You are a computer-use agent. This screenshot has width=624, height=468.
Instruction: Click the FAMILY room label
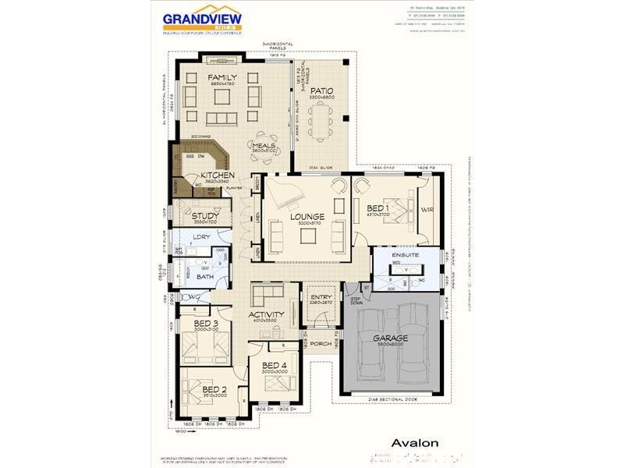coord(222,77)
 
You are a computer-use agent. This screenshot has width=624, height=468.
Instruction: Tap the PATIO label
coord(321,90)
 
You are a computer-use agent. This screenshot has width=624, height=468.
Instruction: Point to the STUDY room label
coord(205,216)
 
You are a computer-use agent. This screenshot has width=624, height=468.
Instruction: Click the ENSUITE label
coord(406,255)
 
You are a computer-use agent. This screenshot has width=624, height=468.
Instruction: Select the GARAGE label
coord(390,339)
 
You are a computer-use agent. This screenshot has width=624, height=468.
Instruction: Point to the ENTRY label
coord(321,296)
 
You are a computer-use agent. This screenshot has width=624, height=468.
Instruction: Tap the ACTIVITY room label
coord(266,314)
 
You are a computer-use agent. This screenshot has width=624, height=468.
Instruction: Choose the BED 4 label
coord(275,365)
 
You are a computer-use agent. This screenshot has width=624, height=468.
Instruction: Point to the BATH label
coord(205,276)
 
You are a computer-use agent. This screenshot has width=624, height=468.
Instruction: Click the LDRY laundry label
coord(201,236)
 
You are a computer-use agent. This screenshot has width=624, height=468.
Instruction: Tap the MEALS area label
coord(262,144)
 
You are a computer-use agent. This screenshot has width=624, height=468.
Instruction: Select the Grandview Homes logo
coord(202,21)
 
